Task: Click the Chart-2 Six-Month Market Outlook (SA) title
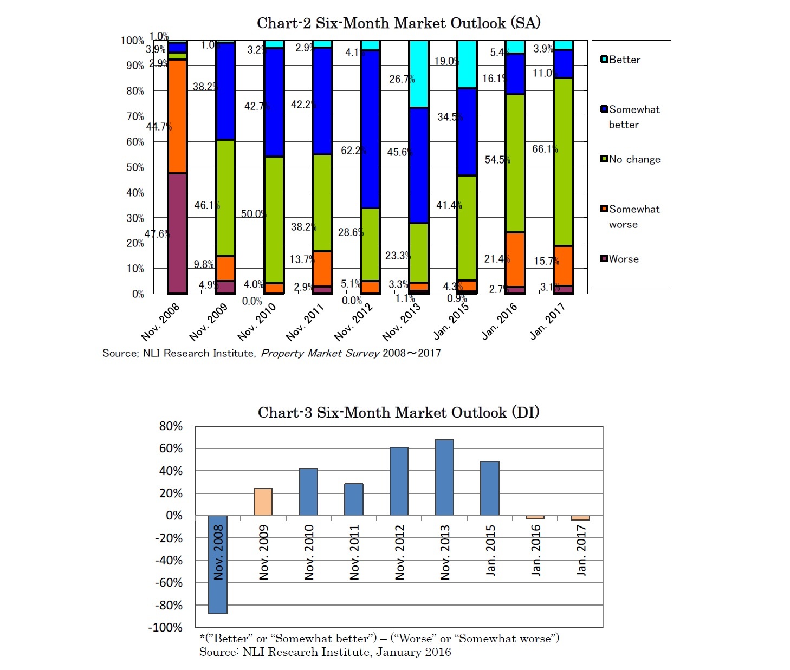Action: (398, 23)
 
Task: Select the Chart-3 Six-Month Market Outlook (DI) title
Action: (398, 413)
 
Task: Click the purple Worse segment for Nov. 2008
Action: (177, 233)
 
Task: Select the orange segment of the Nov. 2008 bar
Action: (177, 116)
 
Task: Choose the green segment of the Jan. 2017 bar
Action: (564, 162)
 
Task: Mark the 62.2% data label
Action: (353, 151)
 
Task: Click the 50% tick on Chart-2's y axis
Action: (135, 167)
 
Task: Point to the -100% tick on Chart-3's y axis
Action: (169, 628)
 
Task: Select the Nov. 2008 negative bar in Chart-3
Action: (218, 564)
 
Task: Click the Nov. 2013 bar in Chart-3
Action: (444, 477)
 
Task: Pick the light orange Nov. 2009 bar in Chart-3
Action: (263, 502)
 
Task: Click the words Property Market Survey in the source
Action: (320, 353)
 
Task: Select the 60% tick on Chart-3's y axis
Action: (171, 448)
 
